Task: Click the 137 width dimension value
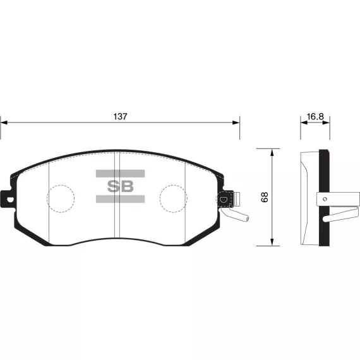click(120, 117)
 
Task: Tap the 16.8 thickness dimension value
click(315, 117)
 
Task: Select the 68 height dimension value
click(265, 197)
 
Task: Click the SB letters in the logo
click(120, 186)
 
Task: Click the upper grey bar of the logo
click(120, 174)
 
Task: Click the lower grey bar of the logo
click(120, 199)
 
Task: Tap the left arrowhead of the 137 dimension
click(4, 123)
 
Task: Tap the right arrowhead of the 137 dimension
click(236, 123)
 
